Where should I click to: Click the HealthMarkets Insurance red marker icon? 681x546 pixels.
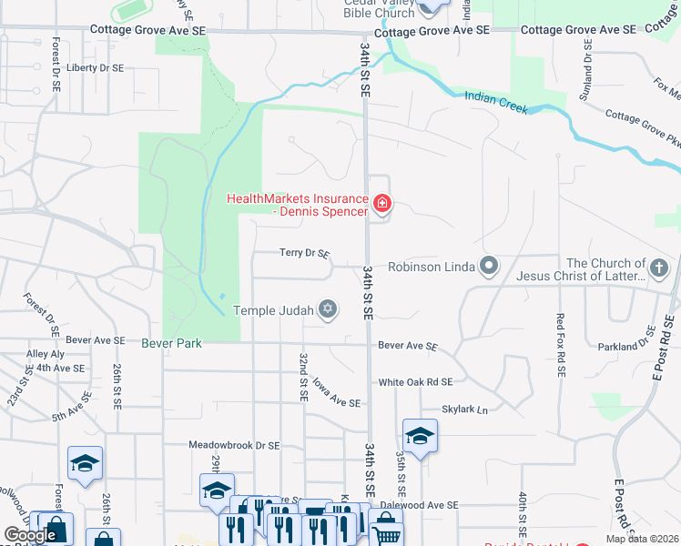click(x=382, y=204)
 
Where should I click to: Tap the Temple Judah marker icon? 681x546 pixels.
click(x=328, y=311)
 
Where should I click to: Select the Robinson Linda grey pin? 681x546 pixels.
click(x=489, y=267)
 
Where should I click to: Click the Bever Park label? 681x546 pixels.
click(x=171, y=343)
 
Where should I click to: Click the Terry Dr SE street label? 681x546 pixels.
click(x=304, y=254)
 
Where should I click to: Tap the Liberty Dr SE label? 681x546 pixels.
click(x=95, y=67)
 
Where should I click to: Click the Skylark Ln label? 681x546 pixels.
click(x=465, y=409)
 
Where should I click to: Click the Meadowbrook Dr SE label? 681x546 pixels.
click(x=233, y=446)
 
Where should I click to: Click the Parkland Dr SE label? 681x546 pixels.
click(x=636, y=346)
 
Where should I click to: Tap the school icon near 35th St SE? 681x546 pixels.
click(x=420, y=436)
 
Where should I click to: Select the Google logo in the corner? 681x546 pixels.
click(x=30, y=536)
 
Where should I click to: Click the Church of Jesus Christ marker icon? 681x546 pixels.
click(x=660, y=268)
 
